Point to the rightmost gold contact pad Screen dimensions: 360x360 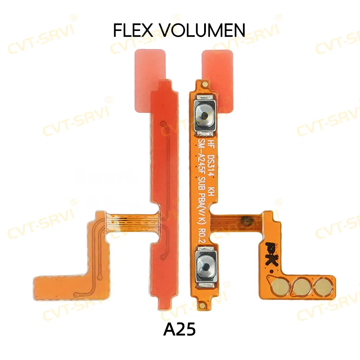pos(322,287)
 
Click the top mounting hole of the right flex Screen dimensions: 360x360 pos(204,84)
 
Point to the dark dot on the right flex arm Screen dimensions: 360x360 pos(246,219)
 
